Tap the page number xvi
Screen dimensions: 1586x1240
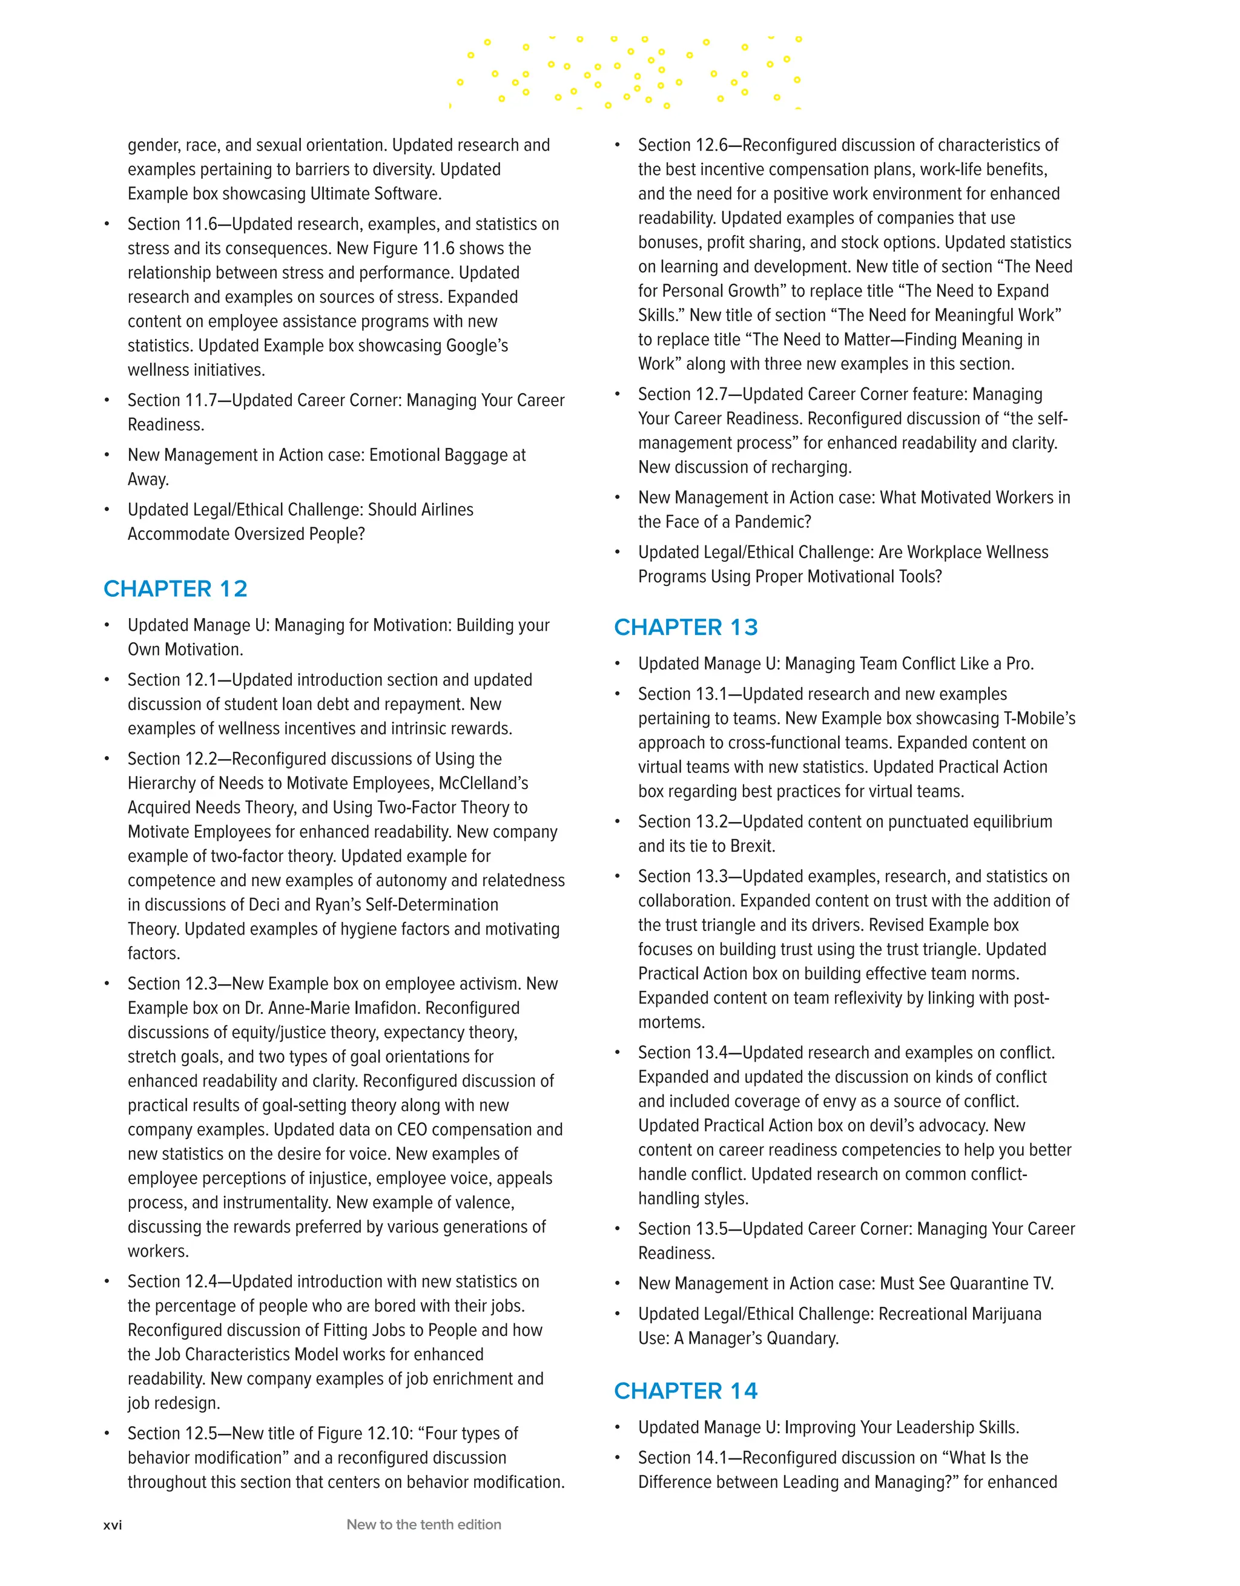coord(113,1525)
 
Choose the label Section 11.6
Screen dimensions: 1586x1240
coord(172,225)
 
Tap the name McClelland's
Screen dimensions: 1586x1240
coord(483,783)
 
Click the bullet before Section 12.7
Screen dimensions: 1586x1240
coord(618,394)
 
